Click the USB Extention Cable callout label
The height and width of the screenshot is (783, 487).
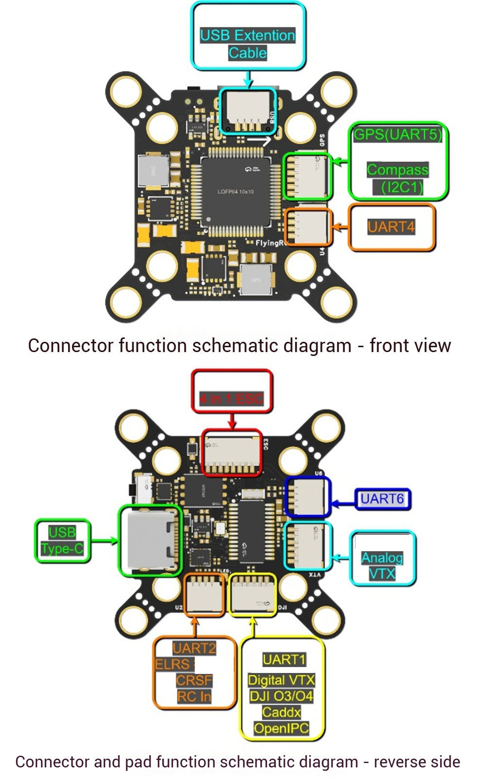tap(247, 44)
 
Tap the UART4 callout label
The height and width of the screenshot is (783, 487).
tap(391, 227)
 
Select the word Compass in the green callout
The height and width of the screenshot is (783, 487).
tap(397, 170)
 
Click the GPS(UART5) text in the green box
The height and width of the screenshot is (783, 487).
tap(397, 134)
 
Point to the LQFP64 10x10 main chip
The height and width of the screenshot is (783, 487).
tap(235, 191)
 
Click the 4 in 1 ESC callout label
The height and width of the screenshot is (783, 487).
tap(231, 399)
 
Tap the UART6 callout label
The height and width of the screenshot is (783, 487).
tap(382, 499)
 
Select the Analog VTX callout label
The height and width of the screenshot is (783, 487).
tap(382, 565)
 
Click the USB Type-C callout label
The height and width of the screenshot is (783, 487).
tap(62, 541)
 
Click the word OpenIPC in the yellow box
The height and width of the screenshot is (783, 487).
tap(281, 728)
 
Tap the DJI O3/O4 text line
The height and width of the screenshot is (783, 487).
tap(281, 696)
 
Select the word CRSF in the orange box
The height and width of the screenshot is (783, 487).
tap(194, 680)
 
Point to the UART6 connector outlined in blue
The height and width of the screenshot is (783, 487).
tap(307, 496)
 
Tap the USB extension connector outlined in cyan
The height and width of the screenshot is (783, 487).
tap(248, 112)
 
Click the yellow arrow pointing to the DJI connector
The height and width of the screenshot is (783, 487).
tap(253, 627)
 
